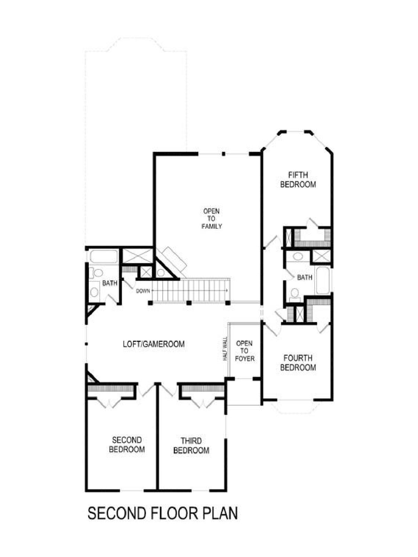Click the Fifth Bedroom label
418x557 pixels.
click(x=298, y=180)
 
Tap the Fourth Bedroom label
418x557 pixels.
click(x=298, y=363)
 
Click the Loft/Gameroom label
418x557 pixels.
click(x=154, y=344)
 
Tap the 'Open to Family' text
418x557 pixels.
click(x=212, y=219)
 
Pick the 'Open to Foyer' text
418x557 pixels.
click(x=245, y=351)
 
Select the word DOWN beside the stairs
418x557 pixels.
click(x=143, y=291)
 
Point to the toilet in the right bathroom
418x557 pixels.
click(x=295, y=295)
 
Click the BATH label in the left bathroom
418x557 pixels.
click(x=110, y=283)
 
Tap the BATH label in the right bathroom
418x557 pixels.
click(x=304, y=277)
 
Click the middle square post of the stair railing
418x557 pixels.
click(x=188, y=303)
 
